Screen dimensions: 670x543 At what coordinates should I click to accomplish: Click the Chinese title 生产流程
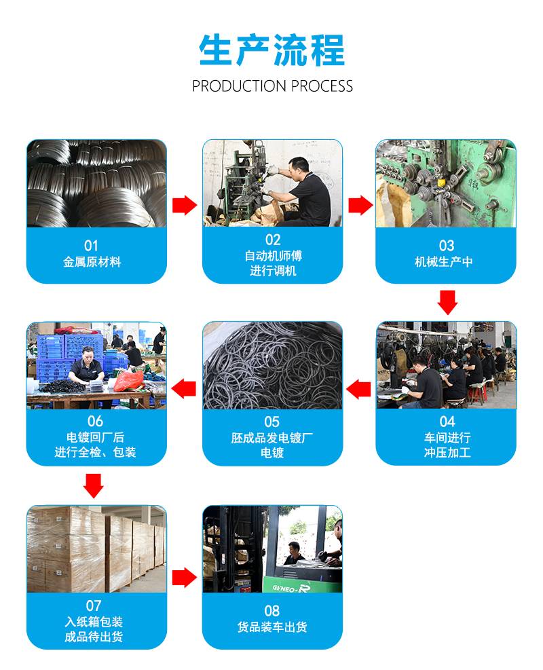(272, 50)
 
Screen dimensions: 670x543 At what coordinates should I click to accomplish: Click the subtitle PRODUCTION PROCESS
(272, 86)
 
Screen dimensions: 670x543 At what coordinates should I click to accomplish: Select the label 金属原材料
(92, 261)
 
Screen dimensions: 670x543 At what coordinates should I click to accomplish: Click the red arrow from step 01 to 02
(184, 205)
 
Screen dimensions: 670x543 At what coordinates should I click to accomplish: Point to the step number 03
(446, 245)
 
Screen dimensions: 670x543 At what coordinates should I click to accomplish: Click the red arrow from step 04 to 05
(359, 389)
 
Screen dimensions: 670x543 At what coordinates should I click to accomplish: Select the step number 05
(271, 422)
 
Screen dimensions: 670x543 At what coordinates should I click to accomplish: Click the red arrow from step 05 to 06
(184, 389)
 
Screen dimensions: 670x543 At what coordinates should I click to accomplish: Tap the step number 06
(95, 422)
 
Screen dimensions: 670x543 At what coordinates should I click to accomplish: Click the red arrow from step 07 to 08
(184, 578)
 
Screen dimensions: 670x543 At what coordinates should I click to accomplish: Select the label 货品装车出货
(272, 627)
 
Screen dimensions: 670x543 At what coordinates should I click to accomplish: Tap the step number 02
(272, 240)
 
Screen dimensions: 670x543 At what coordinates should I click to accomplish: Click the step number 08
(272, 610)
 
